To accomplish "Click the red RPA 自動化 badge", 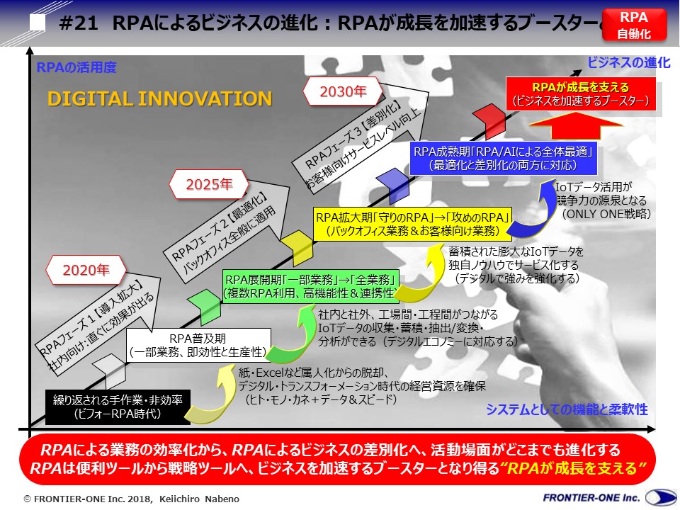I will click(x=634, y=25).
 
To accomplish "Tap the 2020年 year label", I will click(x=85, y=270).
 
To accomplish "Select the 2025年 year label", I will click(x=209, y=185).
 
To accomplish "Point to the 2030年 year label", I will click(x=343, y=91).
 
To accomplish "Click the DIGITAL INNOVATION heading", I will click(x=159, y=98).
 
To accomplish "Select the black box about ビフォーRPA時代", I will click(x=113, y=407).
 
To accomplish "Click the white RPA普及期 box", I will click(x=198, y=344).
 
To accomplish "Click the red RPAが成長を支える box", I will click(x=580, y=94).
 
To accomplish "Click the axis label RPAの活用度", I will click(x=76, y=68).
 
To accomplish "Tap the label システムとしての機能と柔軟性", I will click(x=567, y=409).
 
